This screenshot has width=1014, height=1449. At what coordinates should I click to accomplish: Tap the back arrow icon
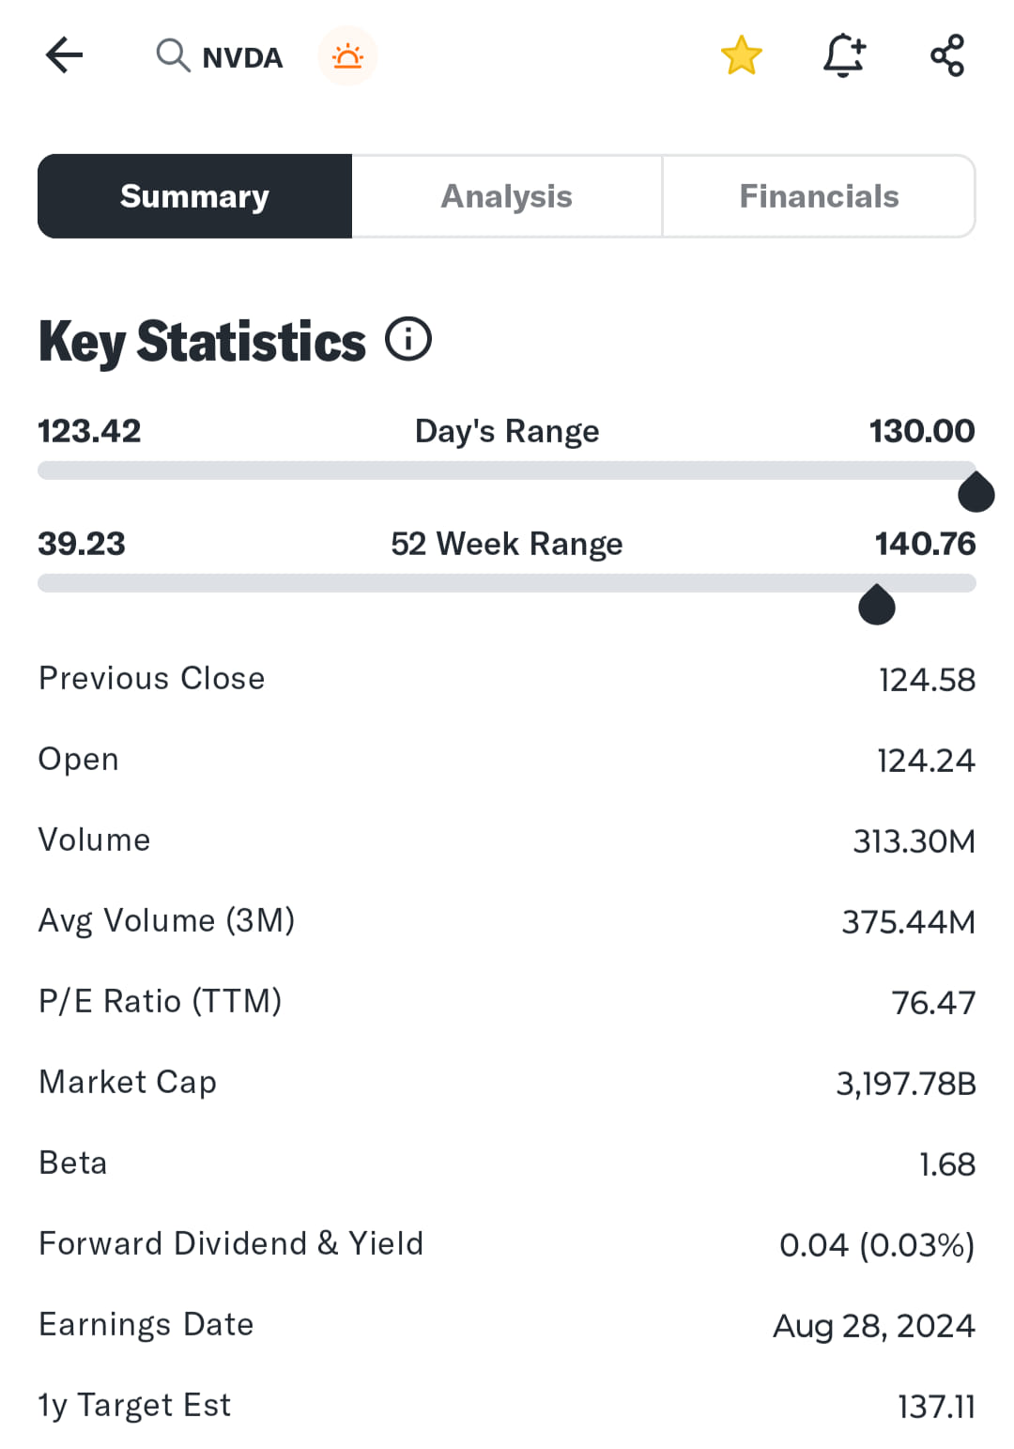point(64,55)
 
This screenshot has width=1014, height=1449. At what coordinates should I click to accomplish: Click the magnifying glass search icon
point(172,55)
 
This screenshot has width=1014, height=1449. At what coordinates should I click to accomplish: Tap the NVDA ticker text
point(242,58)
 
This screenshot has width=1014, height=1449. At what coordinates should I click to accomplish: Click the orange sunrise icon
point(347,56)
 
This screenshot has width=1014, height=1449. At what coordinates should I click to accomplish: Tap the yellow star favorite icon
point(741,55)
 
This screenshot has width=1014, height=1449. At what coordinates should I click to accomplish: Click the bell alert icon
point(844,55)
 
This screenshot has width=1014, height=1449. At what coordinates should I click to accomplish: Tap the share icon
point(947,55)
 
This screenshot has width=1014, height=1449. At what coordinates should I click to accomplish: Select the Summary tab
point(195,196)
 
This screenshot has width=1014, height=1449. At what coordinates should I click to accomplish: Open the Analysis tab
point(507,196)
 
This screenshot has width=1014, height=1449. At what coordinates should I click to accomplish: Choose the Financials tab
point(819,196)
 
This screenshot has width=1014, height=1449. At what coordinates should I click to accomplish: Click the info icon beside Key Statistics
point(408,339)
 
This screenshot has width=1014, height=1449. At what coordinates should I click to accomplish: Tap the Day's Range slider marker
point(976,493)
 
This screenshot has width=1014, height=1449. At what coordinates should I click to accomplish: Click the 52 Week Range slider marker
point(877,606)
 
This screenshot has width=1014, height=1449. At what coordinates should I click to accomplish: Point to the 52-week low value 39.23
point(82,544)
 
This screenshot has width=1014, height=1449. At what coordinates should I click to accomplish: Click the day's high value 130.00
point(922,431)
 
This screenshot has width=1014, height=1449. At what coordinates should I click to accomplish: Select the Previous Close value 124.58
point(927,680)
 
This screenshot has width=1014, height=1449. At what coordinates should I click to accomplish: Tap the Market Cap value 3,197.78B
point(906,1084)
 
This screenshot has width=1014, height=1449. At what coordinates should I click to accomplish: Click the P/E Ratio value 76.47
point(933,1003)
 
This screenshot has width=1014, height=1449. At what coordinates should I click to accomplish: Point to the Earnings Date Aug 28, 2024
point(873,1326)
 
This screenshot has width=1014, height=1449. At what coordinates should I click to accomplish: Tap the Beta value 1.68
point(947,1164)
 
